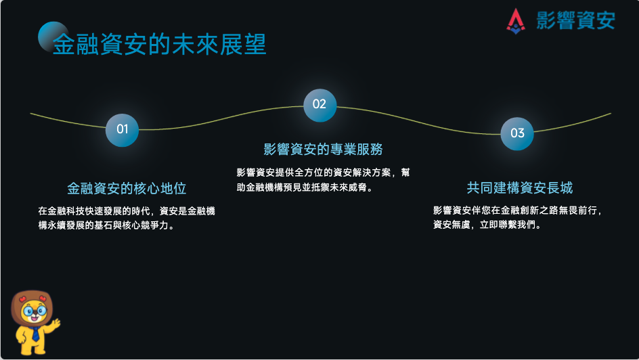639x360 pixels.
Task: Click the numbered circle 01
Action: coord(122,130)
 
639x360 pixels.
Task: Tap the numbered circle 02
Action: coord(320,105)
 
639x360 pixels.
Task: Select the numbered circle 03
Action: coord(517,133)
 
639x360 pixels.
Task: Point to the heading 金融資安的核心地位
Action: coord(127,189)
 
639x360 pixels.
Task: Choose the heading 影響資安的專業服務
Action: coord(323,150)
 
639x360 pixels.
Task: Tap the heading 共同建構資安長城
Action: coord(520,187)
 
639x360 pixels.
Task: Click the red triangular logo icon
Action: coord(516,21)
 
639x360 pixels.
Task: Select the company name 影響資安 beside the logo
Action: coord(575,20)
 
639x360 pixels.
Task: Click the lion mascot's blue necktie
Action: coord(35,334)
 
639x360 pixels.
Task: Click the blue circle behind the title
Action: coord(53,37)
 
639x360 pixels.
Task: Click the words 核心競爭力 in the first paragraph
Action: coord(145,225)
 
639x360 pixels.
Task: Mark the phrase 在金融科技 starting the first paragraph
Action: coord(62,211)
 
